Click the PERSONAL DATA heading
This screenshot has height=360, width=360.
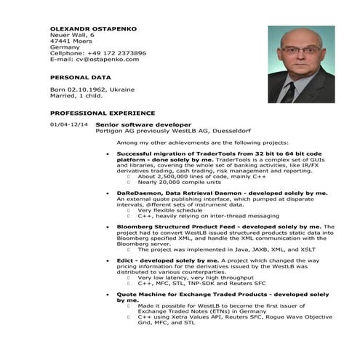click(x=80, y=76)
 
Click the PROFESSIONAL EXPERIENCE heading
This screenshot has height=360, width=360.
click(x=102, y=113)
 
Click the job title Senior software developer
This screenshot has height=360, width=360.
click(x=153, y=125)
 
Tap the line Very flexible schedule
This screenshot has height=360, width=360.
click(x=170, y=210)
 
